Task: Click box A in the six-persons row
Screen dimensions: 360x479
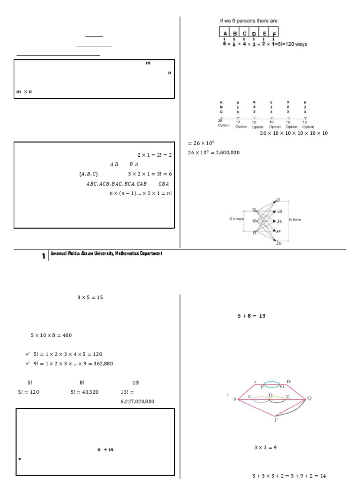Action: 225,33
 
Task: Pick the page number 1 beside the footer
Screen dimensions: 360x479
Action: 44,256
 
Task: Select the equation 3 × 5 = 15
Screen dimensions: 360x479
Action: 90,297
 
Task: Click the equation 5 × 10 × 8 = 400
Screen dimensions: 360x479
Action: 51,335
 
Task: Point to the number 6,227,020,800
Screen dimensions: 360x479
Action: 137,401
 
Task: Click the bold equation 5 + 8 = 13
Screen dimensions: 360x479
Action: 252,316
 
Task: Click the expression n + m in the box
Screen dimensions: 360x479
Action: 105,450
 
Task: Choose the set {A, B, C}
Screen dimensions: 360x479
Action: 89,174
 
